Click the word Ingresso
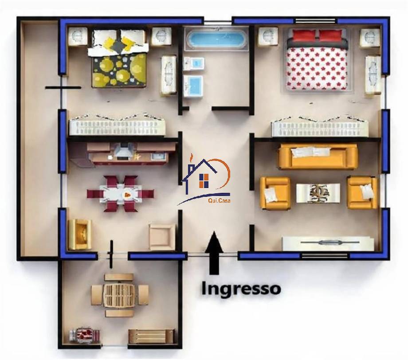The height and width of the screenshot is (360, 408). click(241, 289)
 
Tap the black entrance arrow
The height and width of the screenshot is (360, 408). click(214, 252)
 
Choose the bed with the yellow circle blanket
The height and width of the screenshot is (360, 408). click(119, 59)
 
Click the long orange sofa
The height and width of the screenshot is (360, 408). click(318, 157)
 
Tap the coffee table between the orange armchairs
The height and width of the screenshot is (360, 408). click(318, 193)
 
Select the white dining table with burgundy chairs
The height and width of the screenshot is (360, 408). click(121, 194)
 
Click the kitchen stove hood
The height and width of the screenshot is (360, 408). click(123, 152)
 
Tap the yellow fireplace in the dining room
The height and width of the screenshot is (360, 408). click(80, 234)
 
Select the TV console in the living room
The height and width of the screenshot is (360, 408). click(328, 243)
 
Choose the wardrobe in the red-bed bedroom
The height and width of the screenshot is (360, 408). click(320, 126)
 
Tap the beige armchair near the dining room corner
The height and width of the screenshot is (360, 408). click(162, 237)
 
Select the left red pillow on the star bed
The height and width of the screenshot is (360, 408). click(304, 35)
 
